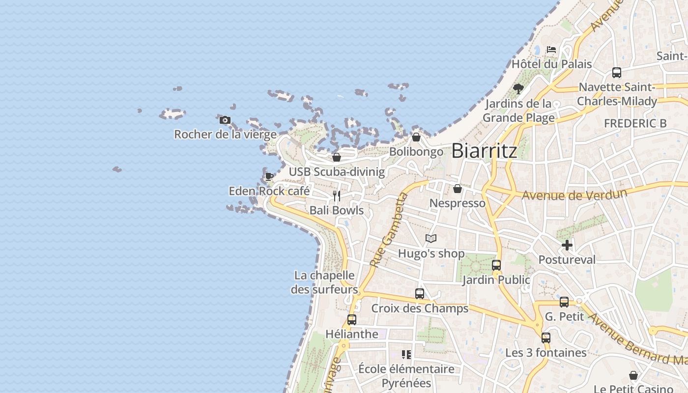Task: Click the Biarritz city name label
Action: click(484, 151)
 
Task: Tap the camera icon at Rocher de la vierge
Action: click(225, 120)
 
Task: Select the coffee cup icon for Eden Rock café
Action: click(269, 176)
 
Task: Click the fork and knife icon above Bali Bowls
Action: click(337, 196)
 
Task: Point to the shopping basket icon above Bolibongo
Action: click(416, 137)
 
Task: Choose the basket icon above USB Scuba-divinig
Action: click(337, 157)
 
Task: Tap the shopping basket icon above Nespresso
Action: click(458, 189)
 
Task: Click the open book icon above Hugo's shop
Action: click(431, 239)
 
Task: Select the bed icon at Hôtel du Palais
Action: click(551, 50)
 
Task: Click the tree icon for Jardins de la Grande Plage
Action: click(518, 89)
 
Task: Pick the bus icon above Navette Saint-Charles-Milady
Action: click(617, 73)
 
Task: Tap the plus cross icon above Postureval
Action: click(567, 245)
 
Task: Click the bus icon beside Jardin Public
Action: click(496, 265)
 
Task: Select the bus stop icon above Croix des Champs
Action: click(420, 294)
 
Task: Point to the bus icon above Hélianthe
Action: click(352, 319)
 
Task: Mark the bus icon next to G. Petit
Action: click(564, 302)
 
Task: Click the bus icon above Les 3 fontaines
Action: click(546, 338)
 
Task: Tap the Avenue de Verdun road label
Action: click(574, 195)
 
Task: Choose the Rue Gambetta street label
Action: click(388, 230)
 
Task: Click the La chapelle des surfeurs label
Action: click(324, 282)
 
